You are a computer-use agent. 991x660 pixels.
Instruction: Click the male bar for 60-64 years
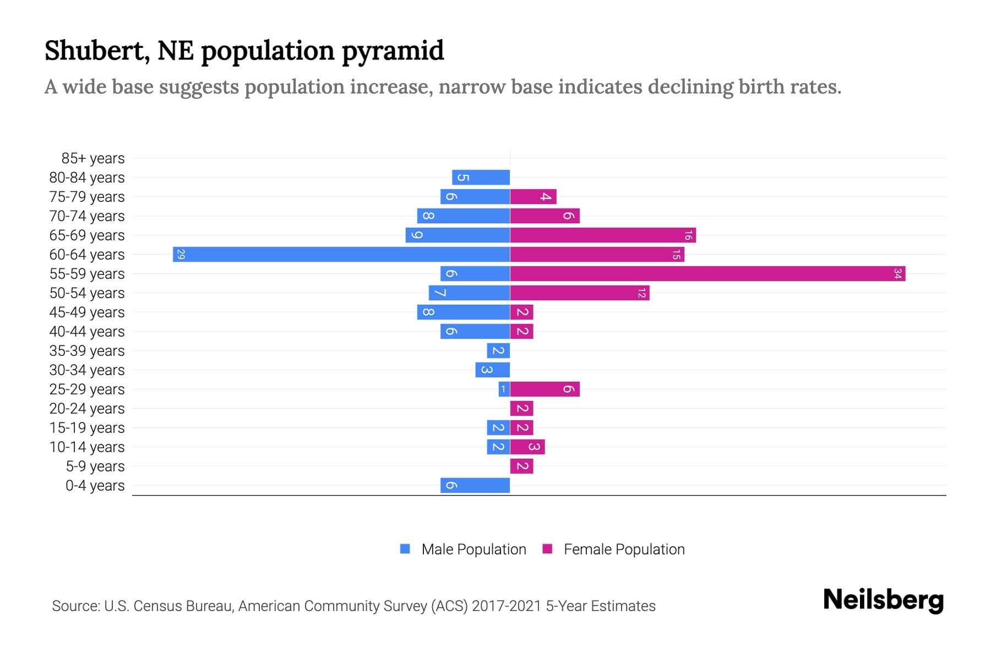341,254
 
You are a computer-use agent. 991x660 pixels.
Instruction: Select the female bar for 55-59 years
707,273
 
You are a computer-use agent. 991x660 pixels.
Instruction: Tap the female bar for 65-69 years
603,235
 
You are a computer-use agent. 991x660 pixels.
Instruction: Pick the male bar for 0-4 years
475,485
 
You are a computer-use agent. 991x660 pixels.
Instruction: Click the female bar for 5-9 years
521,466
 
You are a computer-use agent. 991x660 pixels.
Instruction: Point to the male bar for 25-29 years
504,389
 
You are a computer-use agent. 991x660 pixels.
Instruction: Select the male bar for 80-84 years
481,177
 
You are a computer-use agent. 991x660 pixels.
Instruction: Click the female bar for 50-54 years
580,293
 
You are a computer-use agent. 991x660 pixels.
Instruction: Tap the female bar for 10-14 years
527,447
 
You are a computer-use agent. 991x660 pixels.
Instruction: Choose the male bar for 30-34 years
493,370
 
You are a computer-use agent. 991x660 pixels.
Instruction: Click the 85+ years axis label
93,158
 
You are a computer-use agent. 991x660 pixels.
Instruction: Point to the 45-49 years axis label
87,312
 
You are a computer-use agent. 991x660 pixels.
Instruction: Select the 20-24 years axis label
87,409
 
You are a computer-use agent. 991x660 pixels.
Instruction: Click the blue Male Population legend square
405,549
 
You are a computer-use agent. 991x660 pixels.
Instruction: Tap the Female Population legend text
624,549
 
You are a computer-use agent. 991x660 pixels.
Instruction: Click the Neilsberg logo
883,599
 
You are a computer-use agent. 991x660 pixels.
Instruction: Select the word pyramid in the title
393,51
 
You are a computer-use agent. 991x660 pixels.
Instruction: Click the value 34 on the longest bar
897,273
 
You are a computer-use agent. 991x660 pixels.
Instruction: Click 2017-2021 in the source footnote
506,606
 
